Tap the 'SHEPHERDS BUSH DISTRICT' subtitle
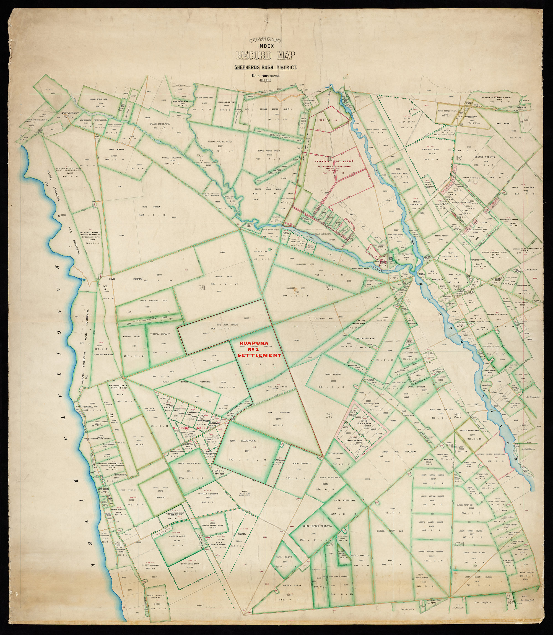[265, 67]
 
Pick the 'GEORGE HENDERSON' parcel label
[329, 477]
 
